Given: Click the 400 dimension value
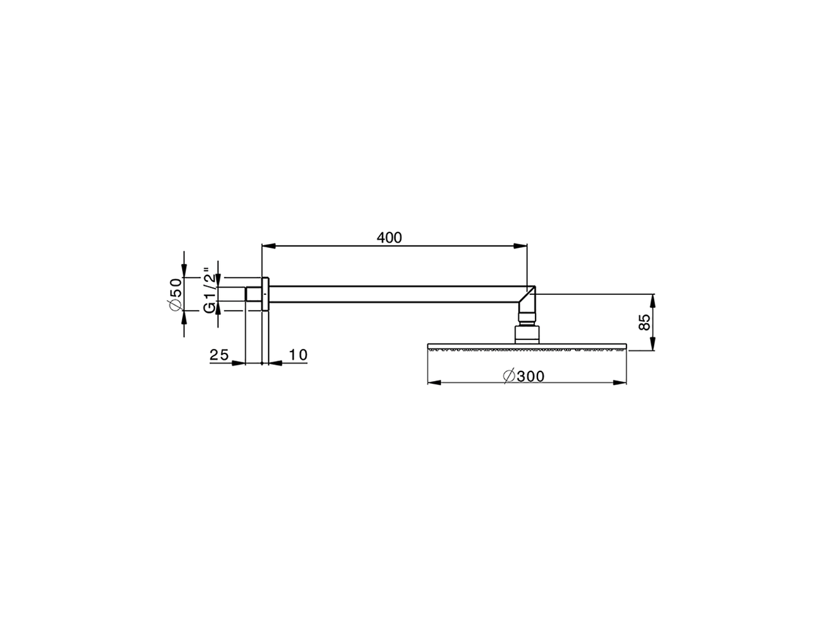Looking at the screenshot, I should [389, 238].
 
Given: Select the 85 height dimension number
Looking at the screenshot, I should [644, 322].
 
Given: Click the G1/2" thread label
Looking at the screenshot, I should [209, 291].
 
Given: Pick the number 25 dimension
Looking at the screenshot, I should [220, 355].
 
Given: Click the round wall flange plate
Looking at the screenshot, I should [265, 295].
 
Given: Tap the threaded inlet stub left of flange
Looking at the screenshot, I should [252, 294].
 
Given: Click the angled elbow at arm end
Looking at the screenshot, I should [527, 299].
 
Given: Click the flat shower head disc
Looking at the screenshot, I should [527, 348].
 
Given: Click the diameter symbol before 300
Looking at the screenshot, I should [508, 377].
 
